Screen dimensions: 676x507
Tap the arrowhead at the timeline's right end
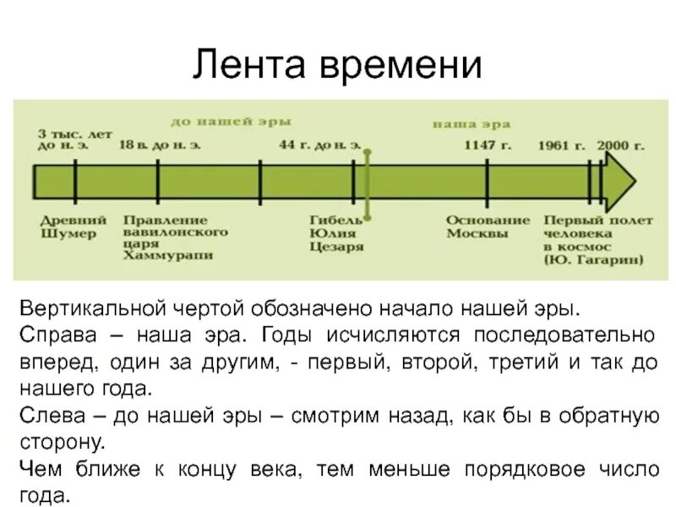(x=621, y=182)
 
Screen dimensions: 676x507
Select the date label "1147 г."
(x=488, y=145)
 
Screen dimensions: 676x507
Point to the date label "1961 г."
(x=561, y=145)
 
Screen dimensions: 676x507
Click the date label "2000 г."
(x=620, y=145)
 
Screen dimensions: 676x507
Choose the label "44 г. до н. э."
(x=319, y=145)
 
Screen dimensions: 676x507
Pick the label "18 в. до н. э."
(x=160, y=145)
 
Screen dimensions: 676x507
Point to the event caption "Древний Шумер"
(x=68, y=226)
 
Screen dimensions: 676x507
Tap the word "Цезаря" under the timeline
(x=336, y=247)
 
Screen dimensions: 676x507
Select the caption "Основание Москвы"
(x=488, y=226)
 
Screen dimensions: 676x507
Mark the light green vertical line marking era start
(x=368, y=182)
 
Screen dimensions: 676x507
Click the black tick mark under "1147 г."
(x=488, y=182)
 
